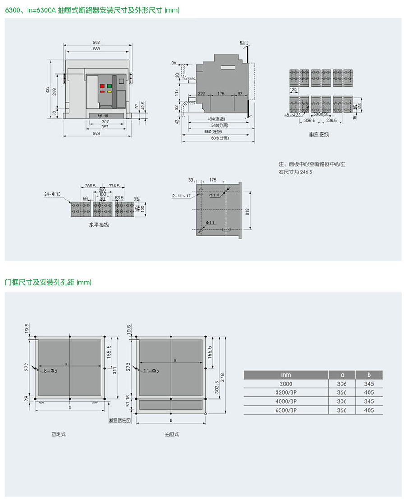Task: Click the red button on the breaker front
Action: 102,85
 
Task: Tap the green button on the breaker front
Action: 109,85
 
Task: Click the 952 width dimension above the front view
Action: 97,42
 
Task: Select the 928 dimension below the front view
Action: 97,133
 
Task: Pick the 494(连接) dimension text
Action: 220,118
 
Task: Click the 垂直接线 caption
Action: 319,134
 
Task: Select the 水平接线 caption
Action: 98,224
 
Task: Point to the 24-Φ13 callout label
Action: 52,194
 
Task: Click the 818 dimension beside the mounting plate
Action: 247,212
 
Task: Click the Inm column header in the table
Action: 286,374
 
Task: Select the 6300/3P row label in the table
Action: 286,410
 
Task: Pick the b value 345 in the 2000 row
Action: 369,383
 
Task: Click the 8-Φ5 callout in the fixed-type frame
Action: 51,370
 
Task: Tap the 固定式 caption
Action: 59,434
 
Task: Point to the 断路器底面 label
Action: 120,420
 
